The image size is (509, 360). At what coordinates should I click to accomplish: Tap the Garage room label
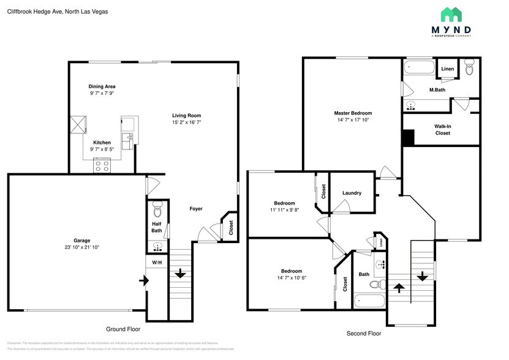(77, 240)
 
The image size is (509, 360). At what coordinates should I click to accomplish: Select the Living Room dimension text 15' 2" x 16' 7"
(186, 122)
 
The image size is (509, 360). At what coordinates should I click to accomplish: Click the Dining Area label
(102, 86)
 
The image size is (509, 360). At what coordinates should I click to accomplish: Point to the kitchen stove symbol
(102, 164)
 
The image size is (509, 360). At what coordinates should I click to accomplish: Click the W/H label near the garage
(157, 263)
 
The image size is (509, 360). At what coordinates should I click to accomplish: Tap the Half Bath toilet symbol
(157, 210)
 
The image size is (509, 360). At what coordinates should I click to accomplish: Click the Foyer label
(195, 209)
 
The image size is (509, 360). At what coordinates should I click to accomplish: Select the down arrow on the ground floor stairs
(179, 274)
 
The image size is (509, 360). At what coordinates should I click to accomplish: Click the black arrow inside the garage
(143, 280)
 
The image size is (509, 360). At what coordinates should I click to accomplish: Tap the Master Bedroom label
(353, 113)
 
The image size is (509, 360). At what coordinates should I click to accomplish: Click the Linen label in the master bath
(448, 69)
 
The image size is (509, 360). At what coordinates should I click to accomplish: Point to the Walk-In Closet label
(443, 130)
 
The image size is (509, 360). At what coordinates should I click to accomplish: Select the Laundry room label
(352, 193)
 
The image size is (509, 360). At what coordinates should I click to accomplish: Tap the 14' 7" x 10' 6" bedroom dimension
(292, 278)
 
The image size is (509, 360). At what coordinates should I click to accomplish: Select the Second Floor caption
(364, 334)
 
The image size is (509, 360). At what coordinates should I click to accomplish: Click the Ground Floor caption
(123, 329)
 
